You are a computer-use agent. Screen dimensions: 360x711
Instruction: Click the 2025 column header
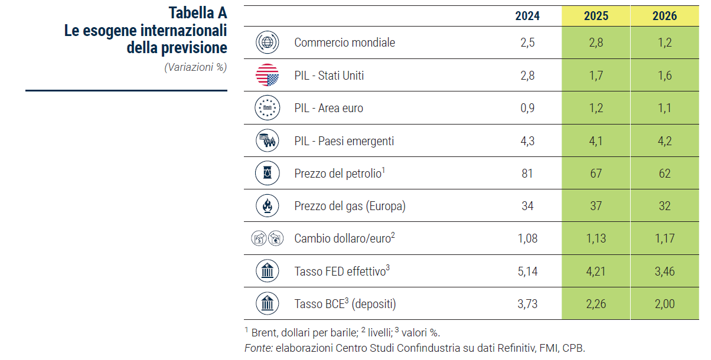coord(596,17)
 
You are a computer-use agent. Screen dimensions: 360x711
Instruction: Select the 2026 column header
coord(664,17)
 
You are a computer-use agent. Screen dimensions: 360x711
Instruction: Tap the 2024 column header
coord(527,17)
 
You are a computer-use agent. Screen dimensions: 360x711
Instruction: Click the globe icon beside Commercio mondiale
coord(267,42)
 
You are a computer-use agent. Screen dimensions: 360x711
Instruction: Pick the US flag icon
coord(267,76)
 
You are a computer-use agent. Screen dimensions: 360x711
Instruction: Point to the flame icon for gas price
coord(267,206)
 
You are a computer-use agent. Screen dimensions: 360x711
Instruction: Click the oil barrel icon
coord(267,174)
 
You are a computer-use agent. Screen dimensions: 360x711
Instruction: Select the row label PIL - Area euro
coord(328,109)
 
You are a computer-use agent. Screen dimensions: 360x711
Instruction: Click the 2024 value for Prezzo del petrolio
coord(527,174)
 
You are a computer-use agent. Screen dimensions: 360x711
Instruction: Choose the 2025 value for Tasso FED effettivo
coord(596,271)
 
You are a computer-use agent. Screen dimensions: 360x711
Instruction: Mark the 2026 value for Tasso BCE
coord(664,305)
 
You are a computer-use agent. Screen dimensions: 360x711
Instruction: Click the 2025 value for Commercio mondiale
coord(596,42)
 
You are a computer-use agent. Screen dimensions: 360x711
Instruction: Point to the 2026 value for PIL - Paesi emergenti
coord(664,141)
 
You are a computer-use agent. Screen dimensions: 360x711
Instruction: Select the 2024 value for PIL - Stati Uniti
coord(527,76)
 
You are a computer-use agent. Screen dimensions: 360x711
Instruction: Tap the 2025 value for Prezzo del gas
coord(596,206)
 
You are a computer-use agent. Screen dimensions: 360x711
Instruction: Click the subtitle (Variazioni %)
coord(195,67)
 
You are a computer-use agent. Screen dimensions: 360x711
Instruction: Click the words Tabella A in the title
coord(197,13)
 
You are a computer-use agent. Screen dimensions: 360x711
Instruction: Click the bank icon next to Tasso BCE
coord(267,304)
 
